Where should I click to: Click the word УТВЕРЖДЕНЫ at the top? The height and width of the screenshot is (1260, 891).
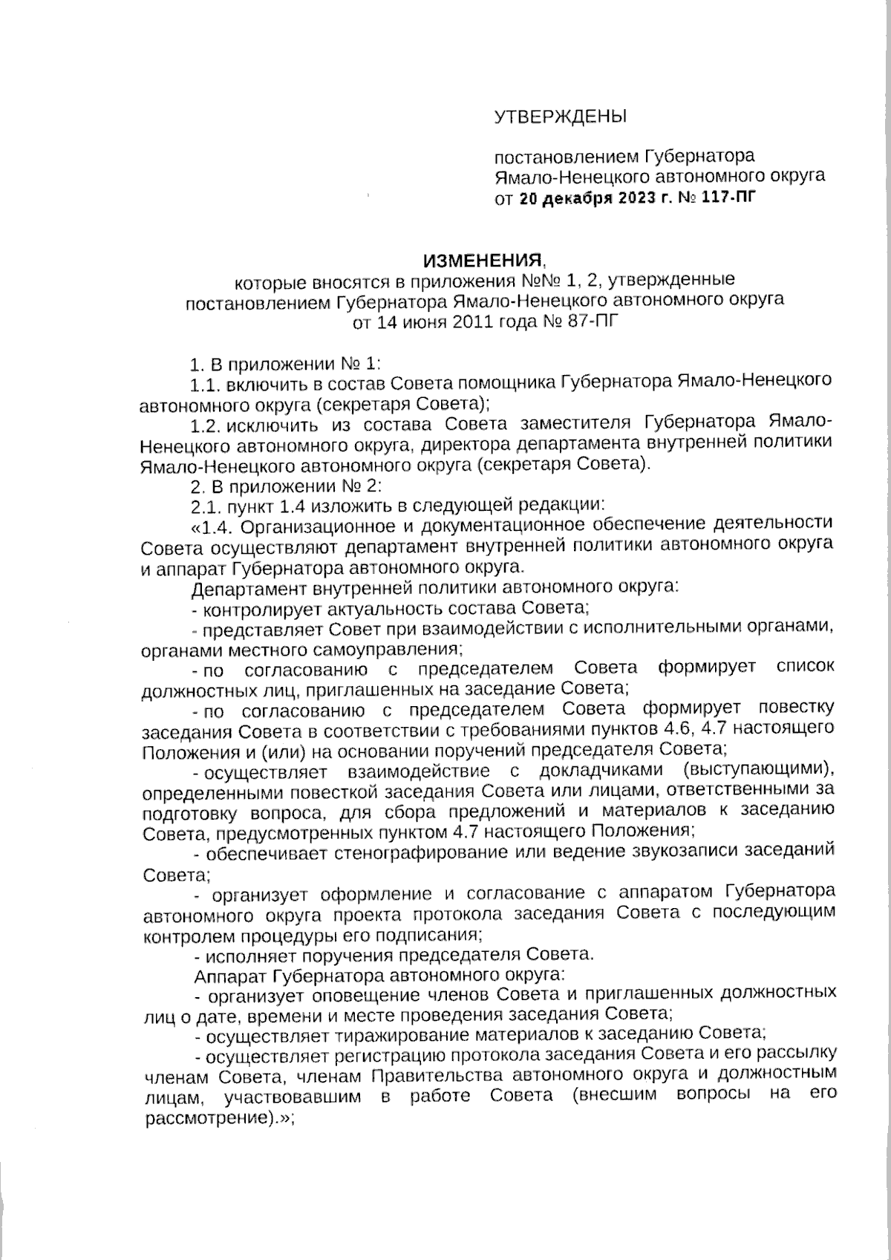[x=561, y=117]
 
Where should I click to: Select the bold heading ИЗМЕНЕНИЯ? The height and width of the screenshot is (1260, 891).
[x=482, y=261]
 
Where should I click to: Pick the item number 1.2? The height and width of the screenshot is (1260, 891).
[x=205, y=425]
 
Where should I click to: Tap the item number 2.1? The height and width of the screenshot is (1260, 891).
[x=205, y=505]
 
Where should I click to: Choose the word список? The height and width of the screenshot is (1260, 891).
[x=805, y=667]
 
